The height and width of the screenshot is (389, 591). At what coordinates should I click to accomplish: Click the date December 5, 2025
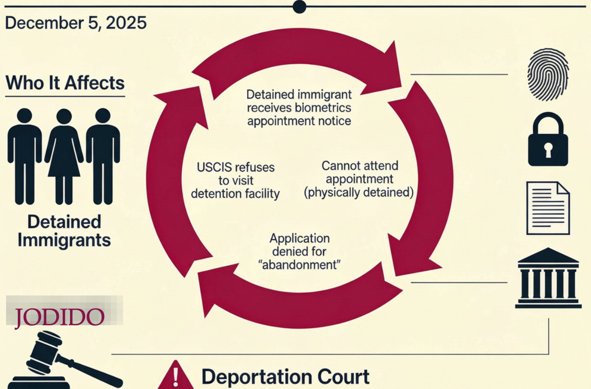76,23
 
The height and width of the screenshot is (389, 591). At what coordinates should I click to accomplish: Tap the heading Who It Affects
65,83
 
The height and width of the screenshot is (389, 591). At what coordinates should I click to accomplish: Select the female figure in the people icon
64,156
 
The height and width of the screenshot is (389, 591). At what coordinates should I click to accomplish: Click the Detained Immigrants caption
64,231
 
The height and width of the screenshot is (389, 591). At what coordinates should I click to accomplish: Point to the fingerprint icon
548,75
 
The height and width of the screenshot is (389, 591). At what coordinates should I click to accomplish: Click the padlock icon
548,139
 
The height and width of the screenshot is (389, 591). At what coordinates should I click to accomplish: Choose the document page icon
548,208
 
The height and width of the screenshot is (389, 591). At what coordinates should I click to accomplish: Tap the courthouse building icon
548,278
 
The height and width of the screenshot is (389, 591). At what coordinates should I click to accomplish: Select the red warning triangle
175,376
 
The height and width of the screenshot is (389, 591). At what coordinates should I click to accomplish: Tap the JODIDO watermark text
60,317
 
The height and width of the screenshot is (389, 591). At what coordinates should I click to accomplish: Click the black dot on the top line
299,6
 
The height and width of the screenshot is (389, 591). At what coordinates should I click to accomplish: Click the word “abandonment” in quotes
299,265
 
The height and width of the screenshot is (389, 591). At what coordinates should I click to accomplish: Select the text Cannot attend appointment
360,172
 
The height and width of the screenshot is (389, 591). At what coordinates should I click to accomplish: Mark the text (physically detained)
359,192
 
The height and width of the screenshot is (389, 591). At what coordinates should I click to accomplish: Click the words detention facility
235,194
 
